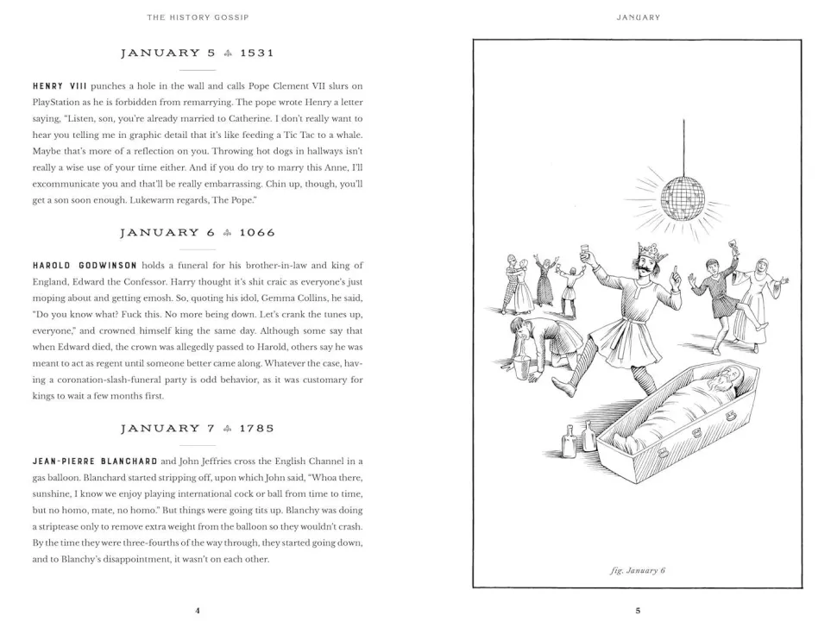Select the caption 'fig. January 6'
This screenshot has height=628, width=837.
[x=638, y=569]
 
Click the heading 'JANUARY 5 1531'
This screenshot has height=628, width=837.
[x=198, y=53]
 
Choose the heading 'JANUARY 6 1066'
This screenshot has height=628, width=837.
[x=198, y=232]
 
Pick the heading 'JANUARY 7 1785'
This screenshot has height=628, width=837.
[x=198, y=428]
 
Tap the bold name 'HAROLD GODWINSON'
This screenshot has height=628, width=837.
[x=85, y=266]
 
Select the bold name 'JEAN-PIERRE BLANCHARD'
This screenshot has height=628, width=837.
[x=95, y=462]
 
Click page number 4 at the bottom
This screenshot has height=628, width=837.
[x=198, y=611]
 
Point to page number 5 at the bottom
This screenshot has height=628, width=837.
[x=638, y=611]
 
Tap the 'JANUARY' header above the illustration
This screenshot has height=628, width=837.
[x=638, y=16]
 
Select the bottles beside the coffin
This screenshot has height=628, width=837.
[x=578, y=440]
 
